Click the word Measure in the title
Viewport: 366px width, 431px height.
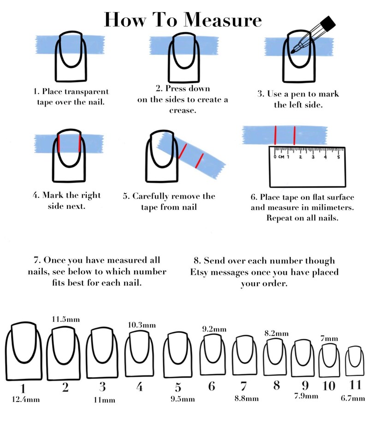point(223,20)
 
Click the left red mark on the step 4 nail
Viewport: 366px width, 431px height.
point(59,143)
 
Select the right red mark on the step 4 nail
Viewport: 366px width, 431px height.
point(80,143)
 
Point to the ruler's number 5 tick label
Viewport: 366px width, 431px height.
point(338,157)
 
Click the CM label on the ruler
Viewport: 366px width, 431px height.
point(281,157)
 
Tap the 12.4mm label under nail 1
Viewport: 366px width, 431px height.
point(26,399)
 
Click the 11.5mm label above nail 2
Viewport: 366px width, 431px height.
point(66,319)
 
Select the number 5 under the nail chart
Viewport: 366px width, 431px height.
point(178,387)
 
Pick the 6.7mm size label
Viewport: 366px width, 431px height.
point(353,398)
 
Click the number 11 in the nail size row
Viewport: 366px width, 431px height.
point(355,384)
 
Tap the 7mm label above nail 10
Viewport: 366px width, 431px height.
point(329,338)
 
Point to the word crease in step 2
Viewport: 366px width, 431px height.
point(182,111)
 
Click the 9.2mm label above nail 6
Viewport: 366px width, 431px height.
point(214,329)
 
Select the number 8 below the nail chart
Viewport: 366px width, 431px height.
point(277,385)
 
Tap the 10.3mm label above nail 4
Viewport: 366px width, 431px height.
point(142,325)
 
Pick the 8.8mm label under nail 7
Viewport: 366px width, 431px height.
point(247,398)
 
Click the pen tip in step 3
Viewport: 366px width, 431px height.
point(292,52)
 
